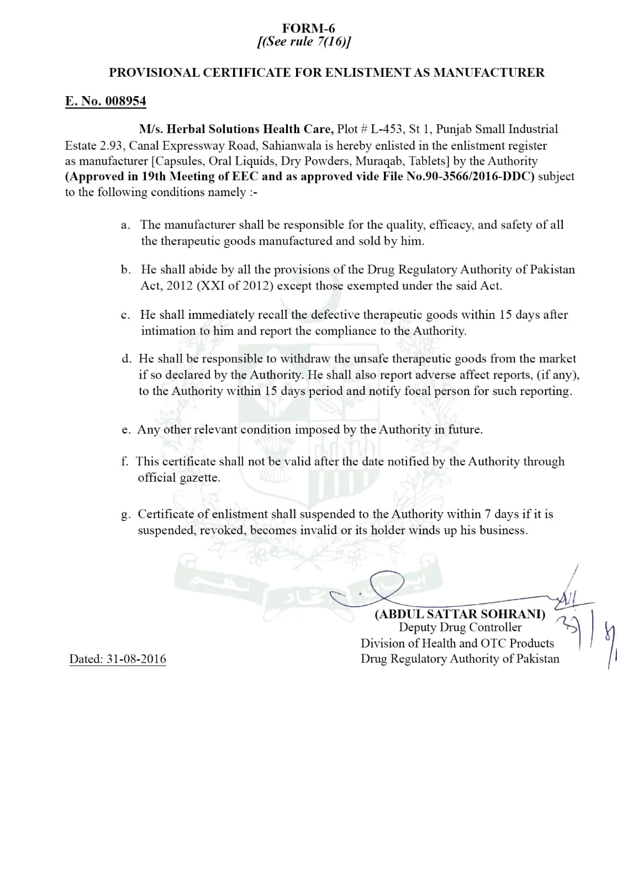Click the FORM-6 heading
click(308, 28)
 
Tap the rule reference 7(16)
click(332, 42)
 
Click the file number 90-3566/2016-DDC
click(476, 177)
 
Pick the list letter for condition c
click(125, 315)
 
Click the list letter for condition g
click(125, 515)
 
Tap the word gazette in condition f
click(199, 478)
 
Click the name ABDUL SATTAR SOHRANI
click(460, 614)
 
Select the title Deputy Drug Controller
click(460, 628)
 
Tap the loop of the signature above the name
click(386, 583)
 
